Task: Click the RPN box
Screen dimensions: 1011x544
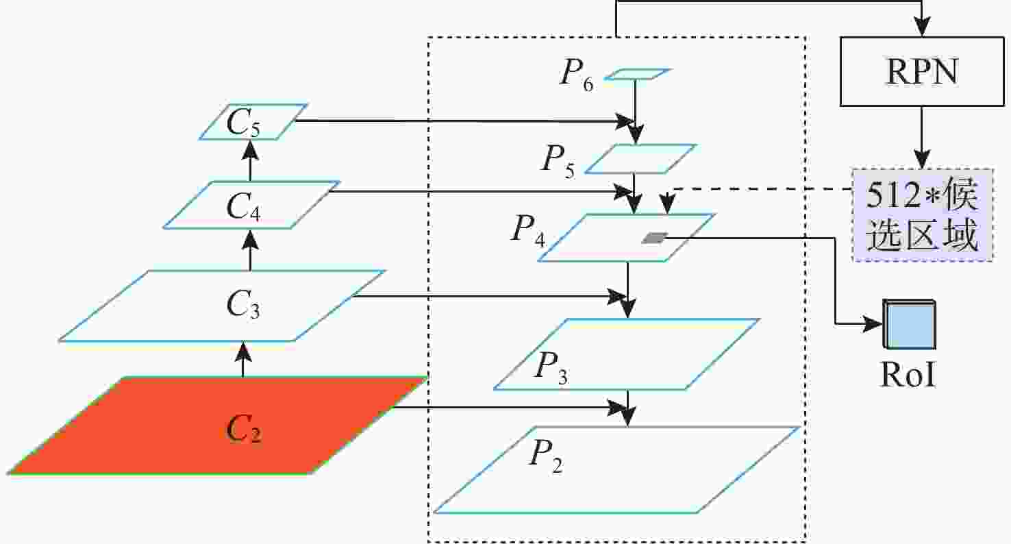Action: coord(922,71)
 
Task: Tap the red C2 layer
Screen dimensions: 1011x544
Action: coord(216,425)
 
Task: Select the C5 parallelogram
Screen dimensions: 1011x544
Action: coord(253,122)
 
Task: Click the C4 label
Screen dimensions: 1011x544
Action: coord(243,207)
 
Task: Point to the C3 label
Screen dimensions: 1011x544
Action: coord(243,304)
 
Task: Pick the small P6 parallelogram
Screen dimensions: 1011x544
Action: coord(637,74)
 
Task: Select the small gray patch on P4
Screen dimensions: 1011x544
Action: coord(655,238)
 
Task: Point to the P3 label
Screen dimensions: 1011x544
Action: coord(551,369)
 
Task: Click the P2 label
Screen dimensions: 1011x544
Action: coord(546,456)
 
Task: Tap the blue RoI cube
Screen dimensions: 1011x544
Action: coord(909,324)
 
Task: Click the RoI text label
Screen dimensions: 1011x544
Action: coord(908,374)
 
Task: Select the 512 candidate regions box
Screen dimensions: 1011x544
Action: coord(922,215)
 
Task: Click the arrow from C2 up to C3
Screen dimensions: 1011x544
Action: coord(244,360)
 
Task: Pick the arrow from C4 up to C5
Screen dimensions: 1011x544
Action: coord(251,161)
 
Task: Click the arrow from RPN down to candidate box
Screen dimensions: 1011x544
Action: coord(922,138)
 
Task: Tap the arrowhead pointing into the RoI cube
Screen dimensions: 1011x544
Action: coord(873,323)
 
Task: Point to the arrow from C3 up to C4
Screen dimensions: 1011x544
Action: coord(251,249)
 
